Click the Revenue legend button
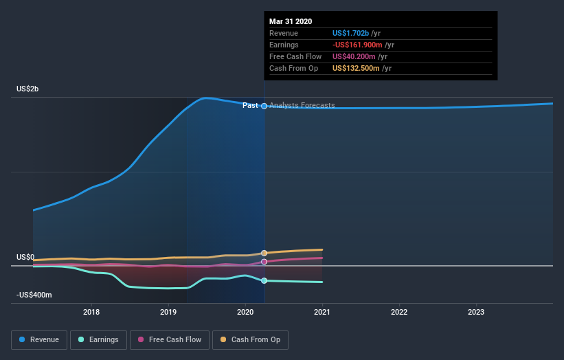tap(40, 339)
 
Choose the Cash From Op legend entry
tap(250, 339)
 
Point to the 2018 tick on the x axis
tap(91, 312)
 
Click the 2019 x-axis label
tap(168, 312)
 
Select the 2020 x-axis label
tap(245, 312)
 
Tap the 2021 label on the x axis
tap(322, 312)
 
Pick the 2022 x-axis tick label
tap(399, 312)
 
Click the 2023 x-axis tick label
tap(476, 312)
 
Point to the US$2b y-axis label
tap(27, 89)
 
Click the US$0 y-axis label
tap(25, 257)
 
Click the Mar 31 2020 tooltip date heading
tap(291, 21)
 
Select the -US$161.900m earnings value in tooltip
tap(358, 45)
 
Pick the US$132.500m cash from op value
tap(357, 68)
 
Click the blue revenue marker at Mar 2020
tap(264, 106)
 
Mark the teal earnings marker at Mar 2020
tap(264, 280)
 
